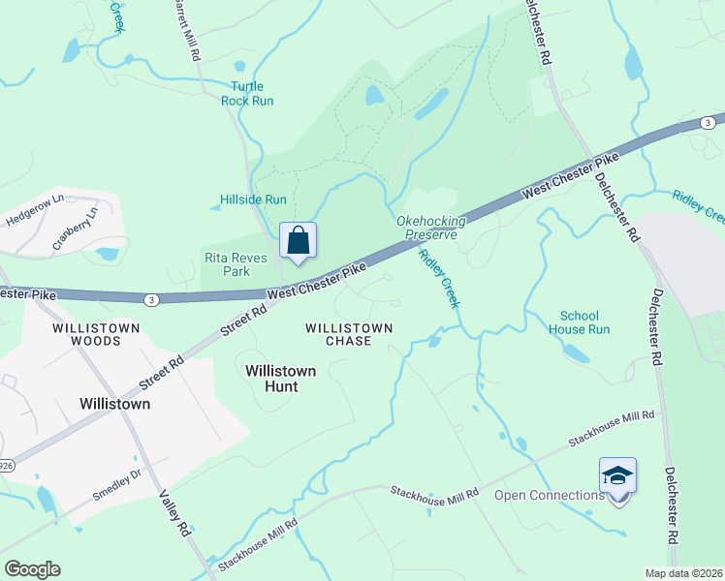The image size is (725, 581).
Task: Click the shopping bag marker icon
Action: coord(298,239)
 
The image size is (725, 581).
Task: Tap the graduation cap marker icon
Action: coord(617,474)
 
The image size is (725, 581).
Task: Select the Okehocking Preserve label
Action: coord(431,228)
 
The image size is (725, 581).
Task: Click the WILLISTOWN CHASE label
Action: coord(349,334)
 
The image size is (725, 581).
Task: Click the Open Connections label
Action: coord(550,496)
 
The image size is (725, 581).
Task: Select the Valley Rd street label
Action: coord(172,513)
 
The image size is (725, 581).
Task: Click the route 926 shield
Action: coord(4,438)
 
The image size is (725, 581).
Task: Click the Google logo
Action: coord(32,569)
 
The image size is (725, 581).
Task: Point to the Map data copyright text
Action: coord(683,573)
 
